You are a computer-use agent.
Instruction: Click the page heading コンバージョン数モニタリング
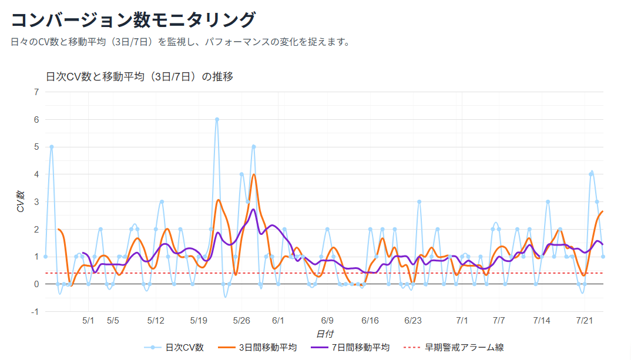pos(133,19)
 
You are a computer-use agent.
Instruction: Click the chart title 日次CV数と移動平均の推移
pos(140,77)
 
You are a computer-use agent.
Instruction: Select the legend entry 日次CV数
pos(174,348)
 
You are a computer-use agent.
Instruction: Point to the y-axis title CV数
pos(21,201)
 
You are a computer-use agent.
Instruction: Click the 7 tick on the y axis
pos(36,92)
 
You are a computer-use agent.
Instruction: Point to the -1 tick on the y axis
pos(35,312)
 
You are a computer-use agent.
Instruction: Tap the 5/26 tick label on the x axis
pos(241,321)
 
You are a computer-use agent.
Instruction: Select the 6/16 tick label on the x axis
pos(370,321)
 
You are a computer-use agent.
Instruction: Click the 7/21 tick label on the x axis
pos(585,321)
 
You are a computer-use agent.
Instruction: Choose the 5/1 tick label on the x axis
pos(88,321)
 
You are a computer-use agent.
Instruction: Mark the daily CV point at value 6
pos(217,119)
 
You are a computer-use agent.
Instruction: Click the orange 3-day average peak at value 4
pos(254,174)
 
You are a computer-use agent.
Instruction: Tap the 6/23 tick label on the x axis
pos(413,321)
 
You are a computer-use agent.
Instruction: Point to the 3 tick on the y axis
pos(36,202)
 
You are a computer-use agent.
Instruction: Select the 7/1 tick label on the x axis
pos(462,321)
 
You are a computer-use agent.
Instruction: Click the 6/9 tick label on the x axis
pos(327,321)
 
